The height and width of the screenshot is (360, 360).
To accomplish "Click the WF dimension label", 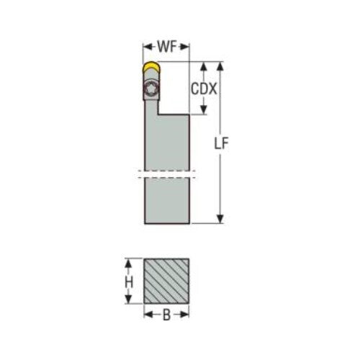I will point(166,48).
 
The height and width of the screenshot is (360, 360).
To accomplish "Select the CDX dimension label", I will point(205,89).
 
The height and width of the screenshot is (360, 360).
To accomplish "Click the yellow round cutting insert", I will point(150,68).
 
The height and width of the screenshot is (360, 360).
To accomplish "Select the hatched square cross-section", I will point(166,283).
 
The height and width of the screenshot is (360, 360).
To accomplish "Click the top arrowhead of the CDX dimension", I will point(205,66).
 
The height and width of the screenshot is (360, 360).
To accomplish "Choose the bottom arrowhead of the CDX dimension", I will point(205,111).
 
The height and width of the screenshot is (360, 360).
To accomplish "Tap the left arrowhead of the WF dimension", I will point(145,49).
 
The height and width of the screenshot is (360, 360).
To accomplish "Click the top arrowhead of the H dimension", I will point(130,262).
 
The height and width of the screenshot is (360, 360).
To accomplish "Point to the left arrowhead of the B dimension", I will point(147,314).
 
